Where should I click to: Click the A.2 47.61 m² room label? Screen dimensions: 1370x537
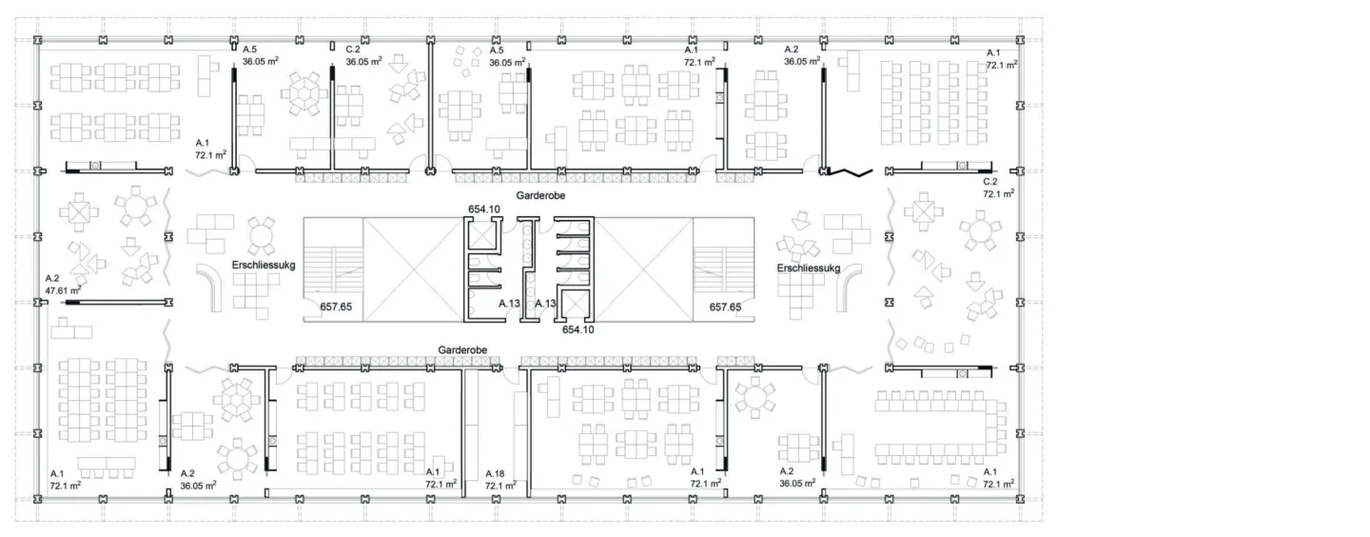coord(63,285)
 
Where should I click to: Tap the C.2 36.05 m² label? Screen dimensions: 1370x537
coord(363,55)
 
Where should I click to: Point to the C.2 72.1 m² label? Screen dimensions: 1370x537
coord(999,188)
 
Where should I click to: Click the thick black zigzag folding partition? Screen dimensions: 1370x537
coord(851,172)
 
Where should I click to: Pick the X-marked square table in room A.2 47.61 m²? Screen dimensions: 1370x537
coord(79,212)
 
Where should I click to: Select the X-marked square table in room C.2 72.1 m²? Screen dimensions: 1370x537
coord(924,212)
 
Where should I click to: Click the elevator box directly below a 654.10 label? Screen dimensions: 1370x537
coord(482,235)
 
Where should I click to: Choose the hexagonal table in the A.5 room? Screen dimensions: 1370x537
coord(304,93)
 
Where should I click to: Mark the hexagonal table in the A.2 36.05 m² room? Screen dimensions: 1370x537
coord(236,400)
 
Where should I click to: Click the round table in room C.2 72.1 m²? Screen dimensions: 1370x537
coord(980,230)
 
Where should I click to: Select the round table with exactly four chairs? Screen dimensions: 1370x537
coord(261,236)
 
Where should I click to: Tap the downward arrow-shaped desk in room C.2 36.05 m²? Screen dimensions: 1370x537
coord(399,63)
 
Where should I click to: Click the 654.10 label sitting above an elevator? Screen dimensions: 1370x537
coord(483,209)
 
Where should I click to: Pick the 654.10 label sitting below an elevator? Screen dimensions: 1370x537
coord(578,329)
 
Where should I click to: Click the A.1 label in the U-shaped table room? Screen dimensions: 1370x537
coord(989,472)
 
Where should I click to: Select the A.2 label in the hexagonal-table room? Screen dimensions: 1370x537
coord(187,473)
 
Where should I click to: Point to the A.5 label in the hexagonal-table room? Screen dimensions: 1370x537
coord(249,50)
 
